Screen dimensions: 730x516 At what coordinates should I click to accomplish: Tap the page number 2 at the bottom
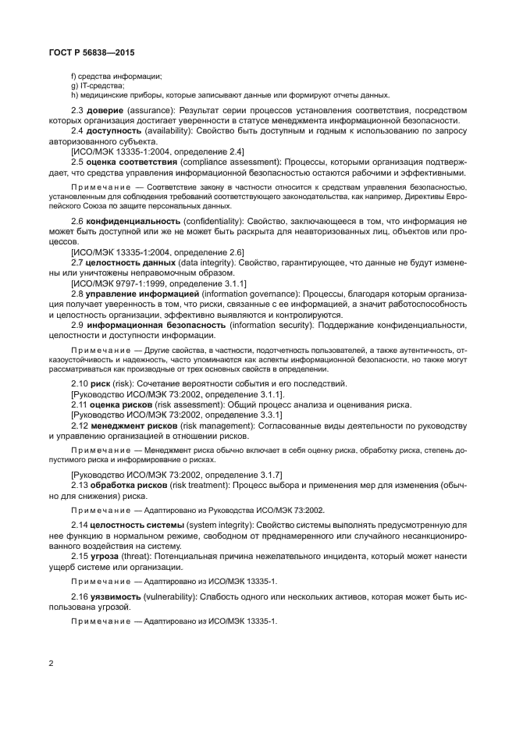[52, 663]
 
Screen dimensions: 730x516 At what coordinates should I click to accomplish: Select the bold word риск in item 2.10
[100, 385]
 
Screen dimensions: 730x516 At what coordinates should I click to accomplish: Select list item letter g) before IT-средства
[73, 85]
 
